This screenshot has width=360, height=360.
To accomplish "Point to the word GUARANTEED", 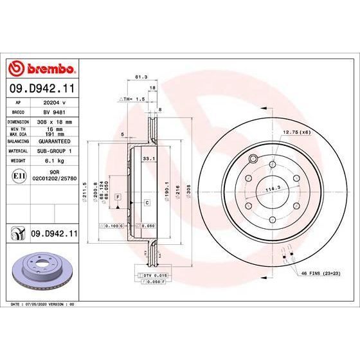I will (x=55, y=140).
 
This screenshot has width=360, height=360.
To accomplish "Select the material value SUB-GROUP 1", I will (x=55, y=150).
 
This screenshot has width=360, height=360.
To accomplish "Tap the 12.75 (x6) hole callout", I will (x=296, y=132).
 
